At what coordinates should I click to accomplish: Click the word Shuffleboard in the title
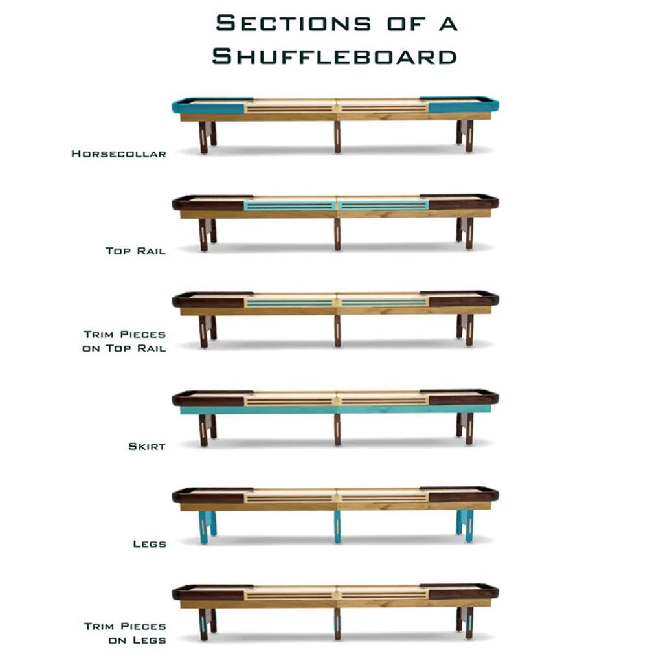coord(335,56)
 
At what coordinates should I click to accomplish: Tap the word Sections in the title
coord(293,23)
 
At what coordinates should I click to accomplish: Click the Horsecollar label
coord(119,153)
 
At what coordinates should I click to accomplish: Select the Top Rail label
coord(135,251)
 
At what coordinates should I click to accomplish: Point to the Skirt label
coord(147,446)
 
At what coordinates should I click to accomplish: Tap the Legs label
coord(150,544)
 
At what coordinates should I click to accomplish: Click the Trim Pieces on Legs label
coord(125,633)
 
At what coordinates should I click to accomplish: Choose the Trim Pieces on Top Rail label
coord(124,341)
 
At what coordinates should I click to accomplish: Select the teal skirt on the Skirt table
coord(335,410)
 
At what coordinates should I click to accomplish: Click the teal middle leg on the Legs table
coord(337,527)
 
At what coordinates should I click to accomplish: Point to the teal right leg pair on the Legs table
coord(465,526)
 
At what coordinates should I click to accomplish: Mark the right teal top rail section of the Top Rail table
coord(383,205)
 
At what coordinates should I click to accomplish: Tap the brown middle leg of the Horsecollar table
coord(337,137)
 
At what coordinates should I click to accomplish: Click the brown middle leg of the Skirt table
coord(337,430)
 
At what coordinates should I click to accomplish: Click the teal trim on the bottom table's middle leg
coord(337,625)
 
